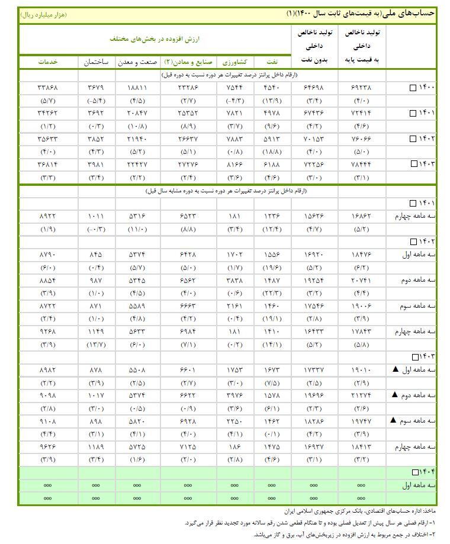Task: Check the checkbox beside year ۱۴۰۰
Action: coord(413,88)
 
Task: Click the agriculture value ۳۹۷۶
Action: coord(235,395)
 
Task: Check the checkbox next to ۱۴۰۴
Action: coord(416,472)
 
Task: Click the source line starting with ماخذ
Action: coord(361,510)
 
